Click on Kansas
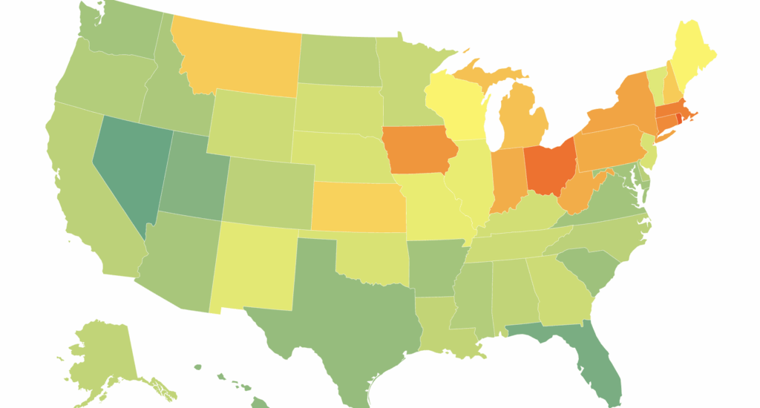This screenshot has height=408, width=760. point(358,205)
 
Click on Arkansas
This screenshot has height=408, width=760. point(434,263)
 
